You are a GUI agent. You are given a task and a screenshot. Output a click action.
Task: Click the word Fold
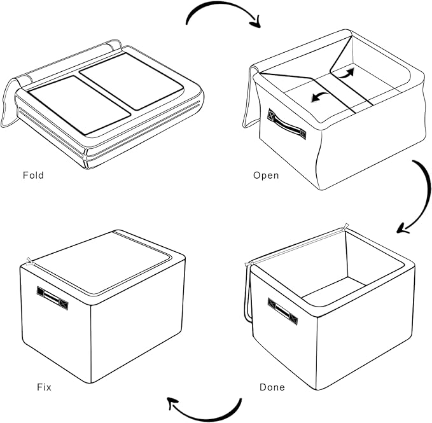point(33,175)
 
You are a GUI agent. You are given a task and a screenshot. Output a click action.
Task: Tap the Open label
point(266,175)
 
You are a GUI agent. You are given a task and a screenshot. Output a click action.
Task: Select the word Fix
point(44,386)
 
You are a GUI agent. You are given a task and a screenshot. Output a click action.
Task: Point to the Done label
point(272,387)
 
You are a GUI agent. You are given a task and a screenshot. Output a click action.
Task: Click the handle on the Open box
point(287,124)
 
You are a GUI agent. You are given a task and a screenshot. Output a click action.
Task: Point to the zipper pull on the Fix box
point(30,260)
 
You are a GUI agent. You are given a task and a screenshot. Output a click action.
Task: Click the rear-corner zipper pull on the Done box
point(345,226)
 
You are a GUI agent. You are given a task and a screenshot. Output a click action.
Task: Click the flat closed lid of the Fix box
point(102,261)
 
